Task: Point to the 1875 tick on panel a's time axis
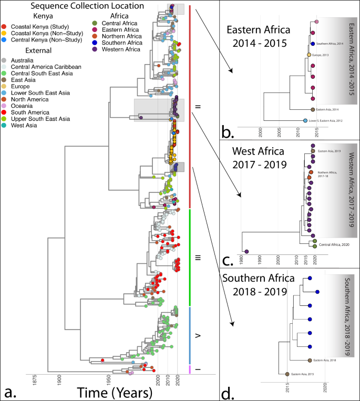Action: pyautogui.click(x=35, y=377)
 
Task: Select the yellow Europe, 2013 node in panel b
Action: pyautogui.click(x=309, y=55)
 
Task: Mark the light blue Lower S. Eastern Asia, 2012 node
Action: pyautogui.click(x=305, y=121)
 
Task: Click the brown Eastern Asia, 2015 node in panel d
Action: pyautogui.click(x=287, y=374)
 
